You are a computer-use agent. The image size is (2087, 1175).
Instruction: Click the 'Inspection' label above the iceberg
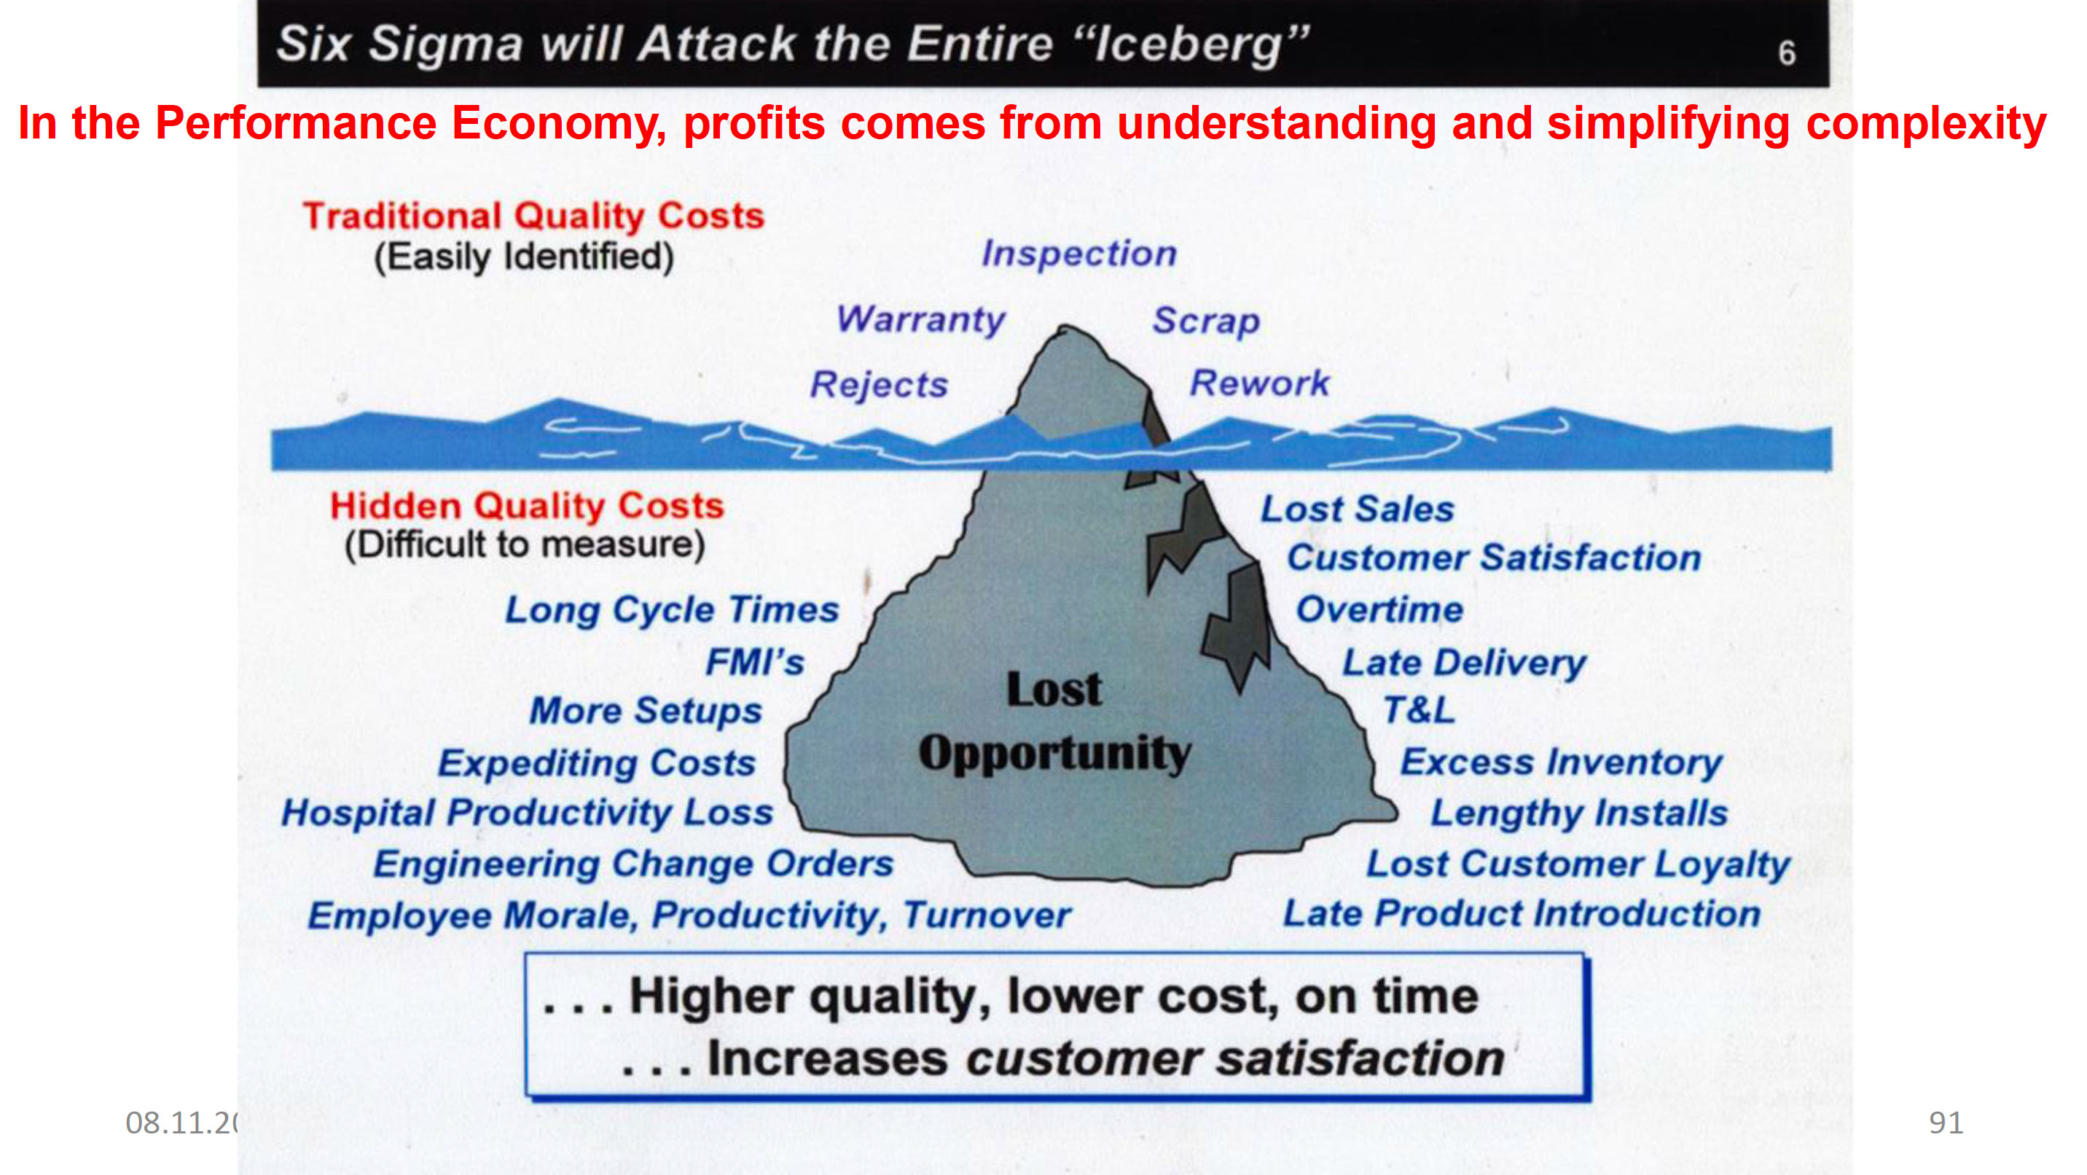pos(1079,254)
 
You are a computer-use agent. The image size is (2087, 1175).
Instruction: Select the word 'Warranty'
pos(920,320)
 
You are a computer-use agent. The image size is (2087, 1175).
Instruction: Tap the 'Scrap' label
pos(1206,321)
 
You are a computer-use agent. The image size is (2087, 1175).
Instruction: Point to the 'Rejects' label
pos(879,384)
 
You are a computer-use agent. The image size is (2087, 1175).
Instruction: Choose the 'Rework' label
pos(1259,383)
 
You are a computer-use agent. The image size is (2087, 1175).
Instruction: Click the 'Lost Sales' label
pos(1357,510)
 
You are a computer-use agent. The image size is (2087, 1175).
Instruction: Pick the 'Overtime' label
pos(1379,609)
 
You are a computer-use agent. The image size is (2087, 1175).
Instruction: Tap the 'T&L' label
pos(1419,711)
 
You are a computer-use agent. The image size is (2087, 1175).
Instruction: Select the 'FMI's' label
pos(755,662)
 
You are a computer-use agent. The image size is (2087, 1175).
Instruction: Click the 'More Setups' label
pos(646,711)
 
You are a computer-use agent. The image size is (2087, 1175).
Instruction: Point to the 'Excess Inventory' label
pos(1561,762)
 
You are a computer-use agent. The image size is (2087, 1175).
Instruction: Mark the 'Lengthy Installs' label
pos(1579,813)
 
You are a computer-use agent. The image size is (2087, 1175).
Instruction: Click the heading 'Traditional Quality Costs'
pos(533,216)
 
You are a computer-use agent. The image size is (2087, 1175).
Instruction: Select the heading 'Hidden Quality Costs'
pos(527,506)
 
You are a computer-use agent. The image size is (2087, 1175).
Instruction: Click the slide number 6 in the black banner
pos(1787,52)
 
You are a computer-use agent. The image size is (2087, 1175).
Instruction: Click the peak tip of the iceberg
pos(1064,328)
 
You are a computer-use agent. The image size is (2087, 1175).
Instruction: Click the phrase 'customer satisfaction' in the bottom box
pos(1234,1058)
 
